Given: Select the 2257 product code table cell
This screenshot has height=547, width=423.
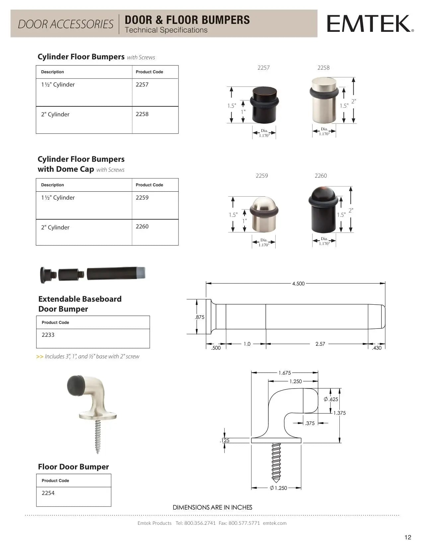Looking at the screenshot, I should point(155,92).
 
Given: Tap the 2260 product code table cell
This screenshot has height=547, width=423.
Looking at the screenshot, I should point(155,232).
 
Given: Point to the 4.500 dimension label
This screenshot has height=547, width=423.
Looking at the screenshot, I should point(298,284).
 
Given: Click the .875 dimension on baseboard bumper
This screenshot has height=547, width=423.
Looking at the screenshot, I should point(200,317).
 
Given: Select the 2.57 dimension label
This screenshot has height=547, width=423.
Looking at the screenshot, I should point(320,344).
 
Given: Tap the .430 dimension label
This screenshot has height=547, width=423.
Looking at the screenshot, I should point(377,348).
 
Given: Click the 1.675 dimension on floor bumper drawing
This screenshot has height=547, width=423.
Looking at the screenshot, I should point(285,373).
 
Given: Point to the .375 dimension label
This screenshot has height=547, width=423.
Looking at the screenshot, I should point(310,423).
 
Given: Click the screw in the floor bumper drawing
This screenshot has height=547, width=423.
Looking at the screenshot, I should point(276,462).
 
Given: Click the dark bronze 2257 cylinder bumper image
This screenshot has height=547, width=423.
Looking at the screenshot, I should point(264,105).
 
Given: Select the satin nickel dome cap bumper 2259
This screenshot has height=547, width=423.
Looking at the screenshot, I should point(264,215).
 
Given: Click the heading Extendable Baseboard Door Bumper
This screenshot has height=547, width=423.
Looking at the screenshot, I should point(80,304).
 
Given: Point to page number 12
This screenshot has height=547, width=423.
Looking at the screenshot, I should point(408,537).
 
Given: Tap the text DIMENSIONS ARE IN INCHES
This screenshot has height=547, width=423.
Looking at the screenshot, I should point(212,508).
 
